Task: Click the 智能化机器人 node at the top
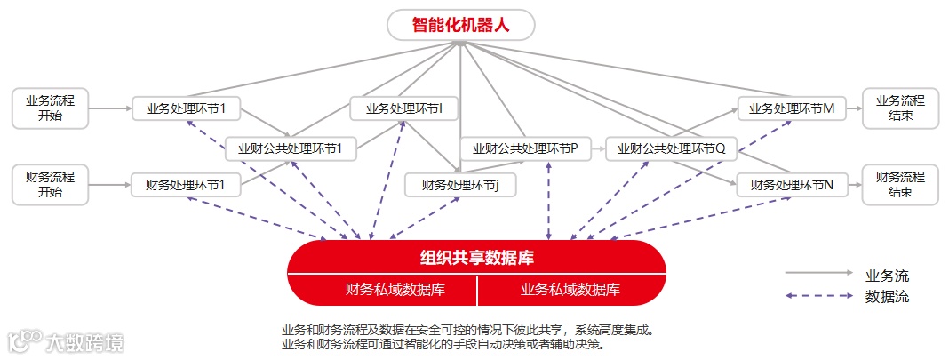460,24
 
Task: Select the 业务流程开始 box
51,108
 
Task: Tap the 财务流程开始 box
51,184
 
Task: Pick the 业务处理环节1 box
187,109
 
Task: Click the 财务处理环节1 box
187,186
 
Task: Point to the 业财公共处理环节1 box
291,148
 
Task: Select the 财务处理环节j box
461,185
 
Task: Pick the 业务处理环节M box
792,109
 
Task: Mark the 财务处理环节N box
792,186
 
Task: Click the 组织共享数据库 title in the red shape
476,259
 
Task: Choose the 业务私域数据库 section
570,290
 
